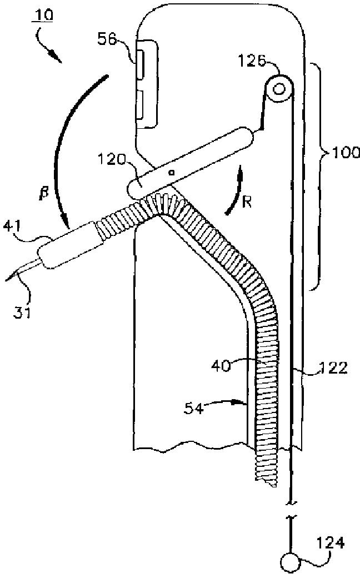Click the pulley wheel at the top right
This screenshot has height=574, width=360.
(279, 88)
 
